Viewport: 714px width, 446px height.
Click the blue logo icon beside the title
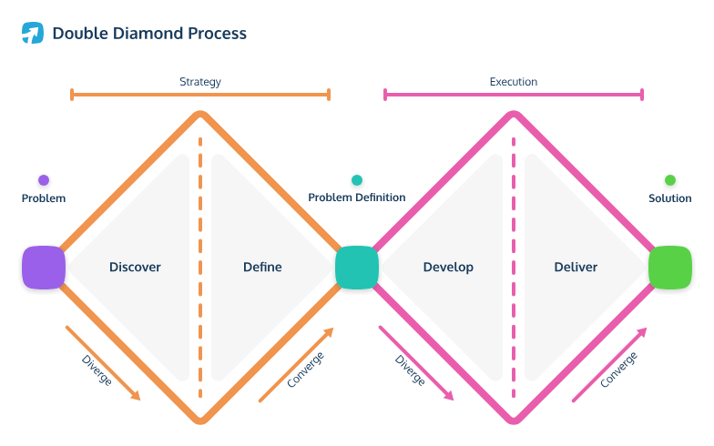(x=33, y=34)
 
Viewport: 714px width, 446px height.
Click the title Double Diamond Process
(x=148, y=34)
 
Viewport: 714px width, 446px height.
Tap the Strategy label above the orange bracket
(x=199, y=82)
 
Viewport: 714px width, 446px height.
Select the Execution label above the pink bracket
(x=513, y=82)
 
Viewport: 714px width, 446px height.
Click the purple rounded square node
(x=44, y=268)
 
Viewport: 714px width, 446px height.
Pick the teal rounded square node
(x=356, y=268)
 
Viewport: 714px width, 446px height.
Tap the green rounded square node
(x=669, y=268)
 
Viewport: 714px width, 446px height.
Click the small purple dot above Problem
(x=44, y=180)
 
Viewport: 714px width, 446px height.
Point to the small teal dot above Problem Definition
(x=357, y=180)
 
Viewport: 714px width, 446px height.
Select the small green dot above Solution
(x=670, y=180)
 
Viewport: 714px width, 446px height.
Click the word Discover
(x=135, y=268)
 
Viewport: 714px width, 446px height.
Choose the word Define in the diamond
(x=262, y=268)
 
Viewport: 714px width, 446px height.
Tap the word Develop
(x=448, y=268)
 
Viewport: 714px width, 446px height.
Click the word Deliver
(x=576, y=268)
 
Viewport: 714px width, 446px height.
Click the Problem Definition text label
(x=357, y=198)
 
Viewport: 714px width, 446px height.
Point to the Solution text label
(x=669, y=198)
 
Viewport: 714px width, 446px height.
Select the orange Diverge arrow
(x=103, y=362)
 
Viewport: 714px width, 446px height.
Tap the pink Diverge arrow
(x=416, y=362)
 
